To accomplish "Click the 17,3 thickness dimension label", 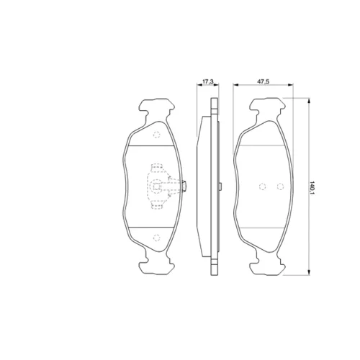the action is coord(208,81).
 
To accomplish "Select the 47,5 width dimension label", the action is coord(264,81).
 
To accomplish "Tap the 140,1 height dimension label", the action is coord(312,188).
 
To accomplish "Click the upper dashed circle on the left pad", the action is coord(156,135).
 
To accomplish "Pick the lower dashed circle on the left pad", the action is coord(156,238).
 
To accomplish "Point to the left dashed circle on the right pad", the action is coord(263,186).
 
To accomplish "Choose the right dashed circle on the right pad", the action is coord(280,186).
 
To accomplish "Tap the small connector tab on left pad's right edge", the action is coord(185,186).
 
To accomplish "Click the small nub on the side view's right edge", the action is coord(220,186).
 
